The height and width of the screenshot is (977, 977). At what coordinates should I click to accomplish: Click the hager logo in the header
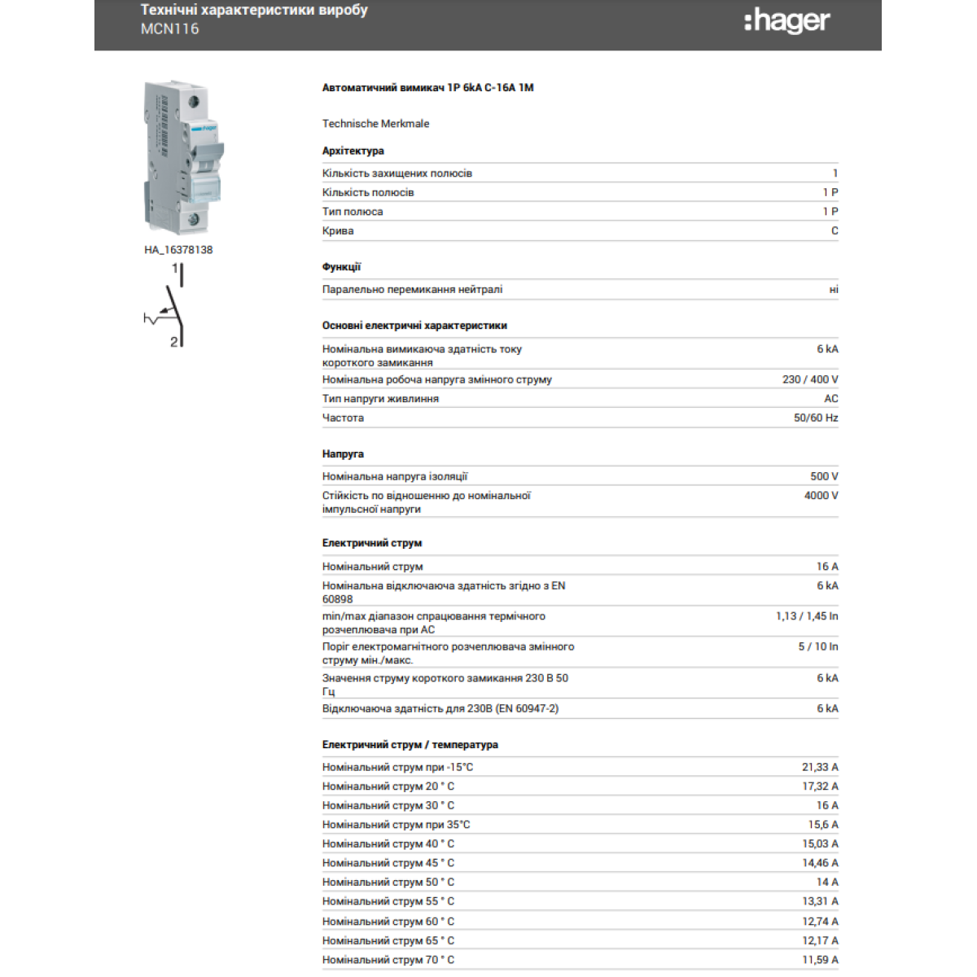tap(786, 21)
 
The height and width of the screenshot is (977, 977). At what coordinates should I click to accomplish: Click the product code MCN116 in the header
tap(169, 29)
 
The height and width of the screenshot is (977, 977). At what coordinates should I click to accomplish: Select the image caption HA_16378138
tap(178, 250)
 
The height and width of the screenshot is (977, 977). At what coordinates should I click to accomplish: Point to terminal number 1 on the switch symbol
tap(174, 268)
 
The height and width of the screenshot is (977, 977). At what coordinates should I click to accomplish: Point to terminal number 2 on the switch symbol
tap(173, 342)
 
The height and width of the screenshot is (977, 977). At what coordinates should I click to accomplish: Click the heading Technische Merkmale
tap(375, 124)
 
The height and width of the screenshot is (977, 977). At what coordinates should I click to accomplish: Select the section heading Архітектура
tap(353, 151)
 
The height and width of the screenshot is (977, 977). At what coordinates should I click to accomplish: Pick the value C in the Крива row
tap(834, 231)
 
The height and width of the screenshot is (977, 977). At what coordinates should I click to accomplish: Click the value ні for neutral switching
tap(833, 290)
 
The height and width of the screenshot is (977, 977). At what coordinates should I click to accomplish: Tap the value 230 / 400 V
tap(809, 379)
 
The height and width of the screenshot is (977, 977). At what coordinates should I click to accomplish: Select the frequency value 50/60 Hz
tap(815, 418)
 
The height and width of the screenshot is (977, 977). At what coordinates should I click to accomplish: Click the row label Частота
tap(343, 418)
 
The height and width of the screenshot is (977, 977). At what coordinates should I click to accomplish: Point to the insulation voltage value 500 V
tap(823, 476)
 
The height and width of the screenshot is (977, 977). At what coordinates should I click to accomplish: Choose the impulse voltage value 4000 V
tap(821, 496)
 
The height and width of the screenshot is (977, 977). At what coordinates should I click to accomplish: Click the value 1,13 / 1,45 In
tap(806, 616)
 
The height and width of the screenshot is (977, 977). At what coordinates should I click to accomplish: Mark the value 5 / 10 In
tap(817, 646)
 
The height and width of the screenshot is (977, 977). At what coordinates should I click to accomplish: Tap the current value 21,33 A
tap(819, 767)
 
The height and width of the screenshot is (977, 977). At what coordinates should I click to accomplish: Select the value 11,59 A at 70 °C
tap(819, 960)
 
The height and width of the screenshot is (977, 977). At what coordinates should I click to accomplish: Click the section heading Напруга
tap(343, 454)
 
